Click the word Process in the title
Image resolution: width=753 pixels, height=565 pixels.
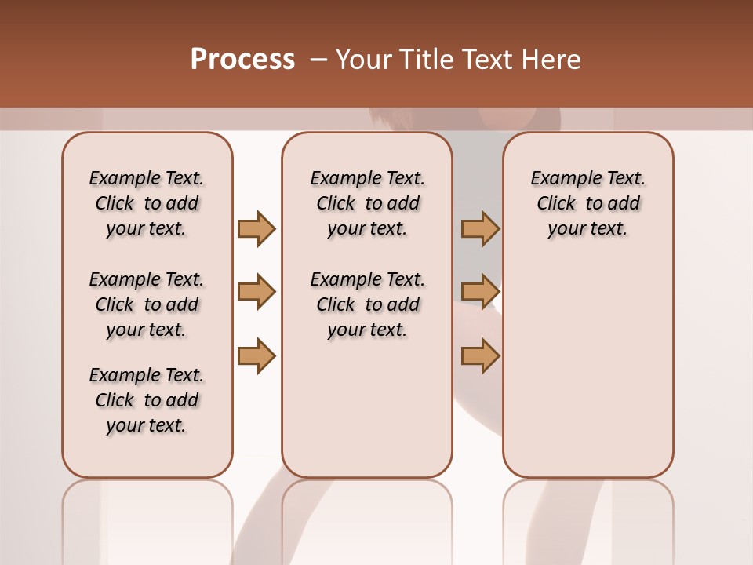tap(242, 60)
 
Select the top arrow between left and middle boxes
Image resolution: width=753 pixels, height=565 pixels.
tap(256, 228)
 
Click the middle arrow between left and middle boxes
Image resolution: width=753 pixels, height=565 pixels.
tap(256, 292)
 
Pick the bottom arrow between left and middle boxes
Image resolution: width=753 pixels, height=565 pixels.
tap(256, 355)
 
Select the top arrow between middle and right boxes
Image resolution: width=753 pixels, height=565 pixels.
tap(480, 228)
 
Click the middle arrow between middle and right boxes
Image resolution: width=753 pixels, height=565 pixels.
tap(480, 292)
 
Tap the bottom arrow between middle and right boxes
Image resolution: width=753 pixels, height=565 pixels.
tap(480, 355)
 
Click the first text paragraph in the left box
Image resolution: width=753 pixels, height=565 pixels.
tap(147, 203)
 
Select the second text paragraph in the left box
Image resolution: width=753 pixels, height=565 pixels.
tap(147, 304)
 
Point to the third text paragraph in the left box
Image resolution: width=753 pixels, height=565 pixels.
tap(147, 400)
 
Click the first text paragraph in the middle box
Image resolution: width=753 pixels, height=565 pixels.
tap(367, 203)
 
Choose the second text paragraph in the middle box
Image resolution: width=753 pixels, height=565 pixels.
tap(367, 304)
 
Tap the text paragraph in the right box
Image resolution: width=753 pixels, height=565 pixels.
tap(587, 203)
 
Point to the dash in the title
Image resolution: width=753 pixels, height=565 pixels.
tap(318, 60)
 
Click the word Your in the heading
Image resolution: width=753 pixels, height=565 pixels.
tap(364, 60)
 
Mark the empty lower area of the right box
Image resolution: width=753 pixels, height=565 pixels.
tap(587, 369)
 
